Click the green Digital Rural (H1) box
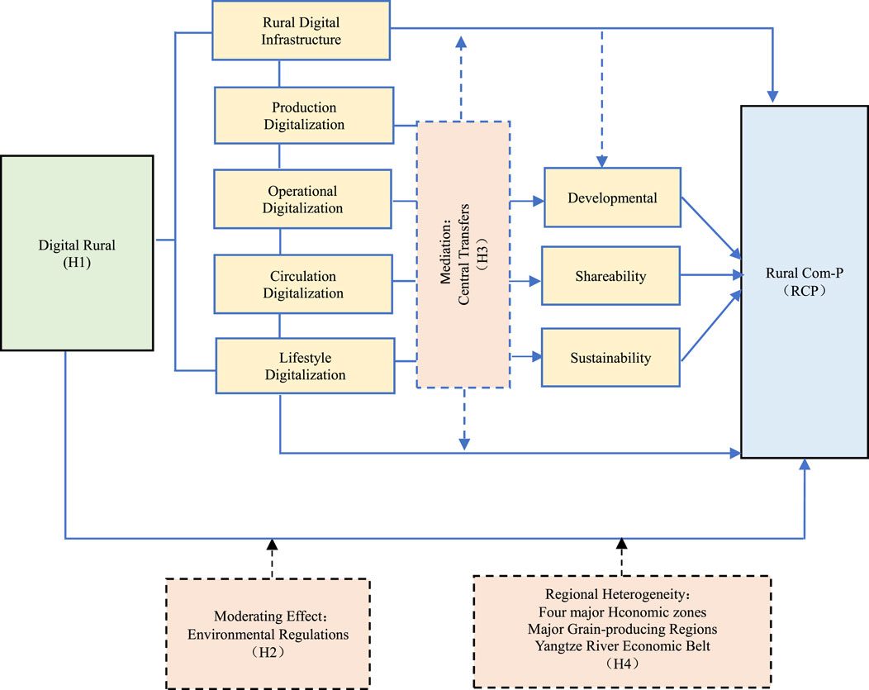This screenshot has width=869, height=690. click(77, 253)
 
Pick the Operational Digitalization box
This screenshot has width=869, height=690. click(302, 199)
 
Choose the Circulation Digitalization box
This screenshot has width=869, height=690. click(302, 284)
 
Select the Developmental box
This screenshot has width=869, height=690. click(612, 198)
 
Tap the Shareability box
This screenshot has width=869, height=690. click(610, 278)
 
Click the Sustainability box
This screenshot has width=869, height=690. click(610, 358)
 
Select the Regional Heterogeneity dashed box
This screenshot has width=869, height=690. click(622, 631)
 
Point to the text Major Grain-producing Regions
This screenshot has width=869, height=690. click(623, 628)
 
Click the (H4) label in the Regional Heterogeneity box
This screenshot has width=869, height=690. click(623, 663)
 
